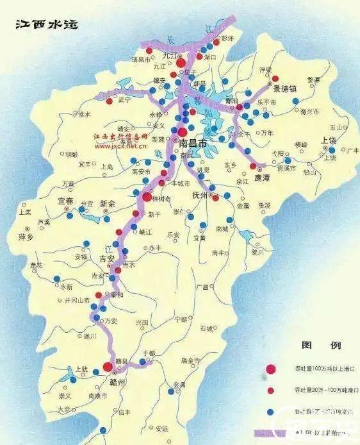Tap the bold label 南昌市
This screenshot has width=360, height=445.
[x=193, y=144]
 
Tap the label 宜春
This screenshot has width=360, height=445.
[x=68, y=202]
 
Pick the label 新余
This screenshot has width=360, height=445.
[x=109, y=203]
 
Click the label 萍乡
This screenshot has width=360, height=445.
[x=28, y=237]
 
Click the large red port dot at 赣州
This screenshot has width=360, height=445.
[x=108, y=367]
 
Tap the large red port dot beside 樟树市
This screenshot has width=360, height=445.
[x=147, y=197]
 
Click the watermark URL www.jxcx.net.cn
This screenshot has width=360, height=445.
[x=120, y=146]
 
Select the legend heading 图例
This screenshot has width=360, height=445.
[x=312, y=346]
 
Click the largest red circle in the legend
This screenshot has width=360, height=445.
[x=271, y=369]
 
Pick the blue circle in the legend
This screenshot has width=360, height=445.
[x=271, y=411]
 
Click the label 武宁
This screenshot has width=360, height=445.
[x=122, y=100]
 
